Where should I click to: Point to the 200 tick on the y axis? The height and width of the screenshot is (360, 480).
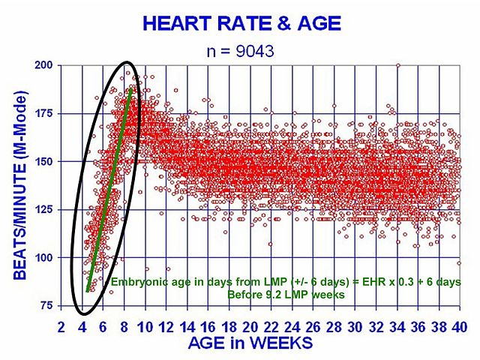(x=45, y=65)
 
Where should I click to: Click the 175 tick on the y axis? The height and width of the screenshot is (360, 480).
(x=45, y=113)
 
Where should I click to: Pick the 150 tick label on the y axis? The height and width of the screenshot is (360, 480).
(x=45, y=161)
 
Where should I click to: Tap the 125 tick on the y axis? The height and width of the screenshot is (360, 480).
(x=45, y=209)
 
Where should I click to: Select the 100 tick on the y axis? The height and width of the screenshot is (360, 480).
(x=45, y=257)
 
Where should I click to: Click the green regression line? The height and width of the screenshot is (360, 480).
(x=110, y=187)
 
